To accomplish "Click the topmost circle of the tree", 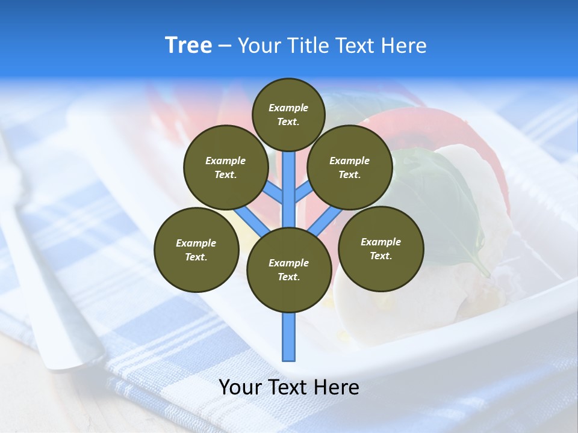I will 288,114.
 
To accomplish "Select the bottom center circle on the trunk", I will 289,270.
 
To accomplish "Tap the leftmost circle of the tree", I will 196,250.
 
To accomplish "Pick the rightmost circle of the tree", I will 381,248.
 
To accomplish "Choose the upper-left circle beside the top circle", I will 225,167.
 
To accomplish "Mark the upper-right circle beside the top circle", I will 350,167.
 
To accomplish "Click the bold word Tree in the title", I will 188,45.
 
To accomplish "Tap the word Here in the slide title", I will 403,45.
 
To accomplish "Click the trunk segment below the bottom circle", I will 289,337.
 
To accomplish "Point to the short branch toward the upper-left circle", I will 274,192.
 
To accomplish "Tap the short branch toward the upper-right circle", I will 303,192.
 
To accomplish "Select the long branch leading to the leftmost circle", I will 252,221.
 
